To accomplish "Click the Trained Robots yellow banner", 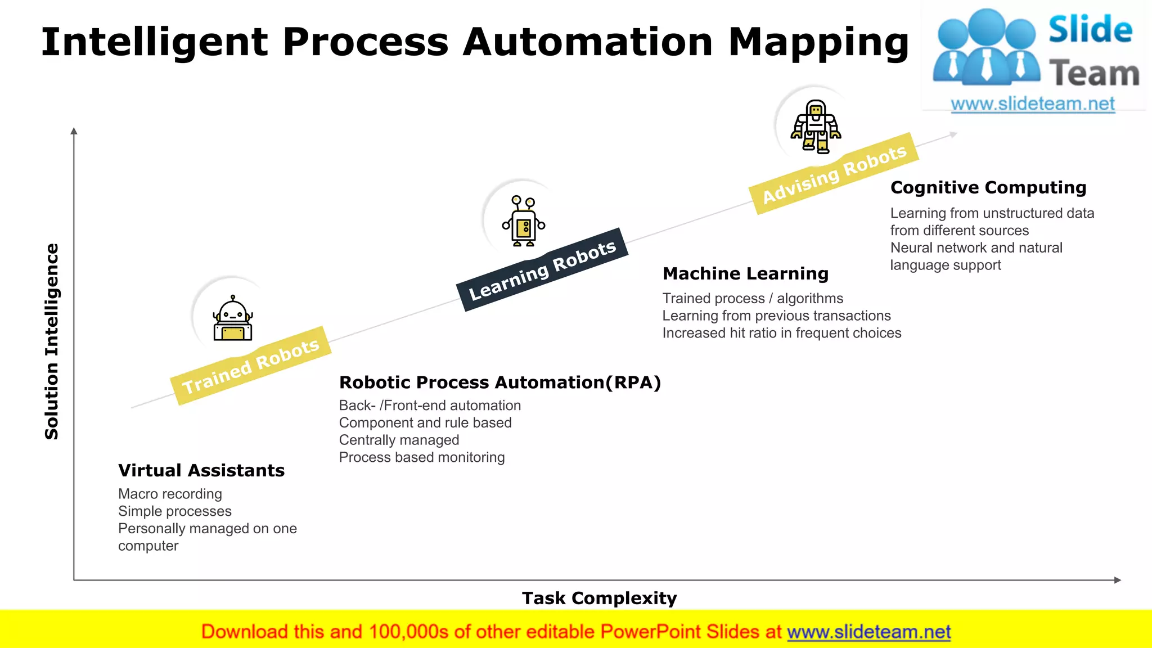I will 251,366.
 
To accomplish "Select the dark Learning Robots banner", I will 542,269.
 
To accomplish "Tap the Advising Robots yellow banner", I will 834,173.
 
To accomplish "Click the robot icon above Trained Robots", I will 232,319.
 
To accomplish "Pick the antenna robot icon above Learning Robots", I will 524,221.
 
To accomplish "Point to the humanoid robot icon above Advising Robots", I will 816,126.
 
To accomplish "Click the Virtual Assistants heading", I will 201,470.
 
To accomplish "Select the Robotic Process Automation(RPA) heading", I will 499,382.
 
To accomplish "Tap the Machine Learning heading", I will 745,273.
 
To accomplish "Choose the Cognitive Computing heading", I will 988,187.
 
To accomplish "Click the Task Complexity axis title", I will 599,598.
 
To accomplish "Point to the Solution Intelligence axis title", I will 52,341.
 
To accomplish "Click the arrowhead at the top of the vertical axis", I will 74,131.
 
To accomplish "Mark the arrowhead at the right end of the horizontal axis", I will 1117,580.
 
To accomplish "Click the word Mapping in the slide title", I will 818,42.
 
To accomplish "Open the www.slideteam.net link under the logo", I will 1033,104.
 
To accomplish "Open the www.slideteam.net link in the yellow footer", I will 868,632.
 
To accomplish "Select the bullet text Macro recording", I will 170,494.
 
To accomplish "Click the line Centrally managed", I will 399,440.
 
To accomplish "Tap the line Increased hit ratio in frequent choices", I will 781,333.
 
